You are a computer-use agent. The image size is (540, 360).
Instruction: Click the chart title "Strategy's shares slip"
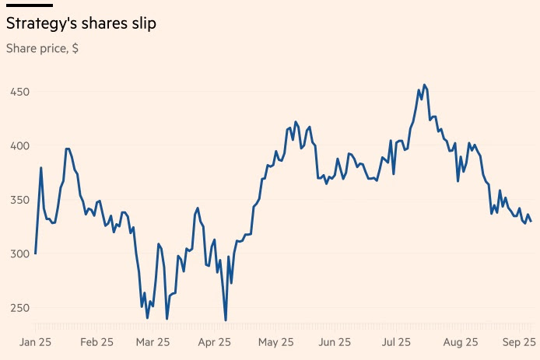[x=81, y=24]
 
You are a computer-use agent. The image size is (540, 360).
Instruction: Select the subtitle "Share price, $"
[x=42, y=48]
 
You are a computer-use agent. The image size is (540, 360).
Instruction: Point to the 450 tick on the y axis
[x=19, y=92]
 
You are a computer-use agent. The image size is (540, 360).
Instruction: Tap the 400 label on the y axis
[x=19, y=146]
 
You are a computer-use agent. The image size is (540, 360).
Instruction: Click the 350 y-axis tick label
[x=19, y=200]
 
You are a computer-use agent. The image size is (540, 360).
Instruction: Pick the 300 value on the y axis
[x=19, y=254]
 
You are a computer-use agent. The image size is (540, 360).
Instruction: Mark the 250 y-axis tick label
[x=19, y=308]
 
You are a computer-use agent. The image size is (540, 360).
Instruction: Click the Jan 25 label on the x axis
[x=35, y=342]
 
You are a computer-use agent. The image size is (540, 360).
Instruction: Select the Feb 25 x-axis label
[x=96, y=342]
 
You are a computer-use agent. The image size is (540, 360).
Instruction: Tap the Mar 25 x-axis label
[x=153, y=342]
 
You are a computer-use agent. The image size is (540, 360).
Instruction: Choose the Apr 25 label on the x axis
[x=214, y=342]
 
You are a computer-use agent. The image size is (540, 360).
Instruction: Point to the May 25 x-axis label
[x=276, y=342]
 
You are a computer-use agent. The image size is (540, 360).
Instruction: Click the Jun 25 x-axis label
[x=335, y=342]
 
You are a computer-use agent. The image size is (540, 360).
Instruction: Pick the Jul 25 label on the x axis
[x=396, y=342]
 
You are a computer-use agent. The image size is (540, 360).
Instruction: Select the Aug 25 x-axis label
[x=461, y=342]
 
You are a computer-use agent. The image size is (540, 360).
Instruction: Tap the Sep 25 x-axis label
[x=519, y=342]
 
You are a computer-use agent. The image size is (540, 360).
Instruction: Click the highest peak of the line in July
[x=424, y=85]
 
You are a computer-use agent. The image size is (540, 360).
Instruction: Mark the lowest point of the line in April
[x=226, y=320]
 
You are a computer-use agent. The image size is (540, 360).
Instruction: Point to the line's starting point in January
[x=36, y=253]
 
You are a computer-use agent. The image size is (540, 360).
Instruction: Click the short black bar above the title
[x=30, y=5]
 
